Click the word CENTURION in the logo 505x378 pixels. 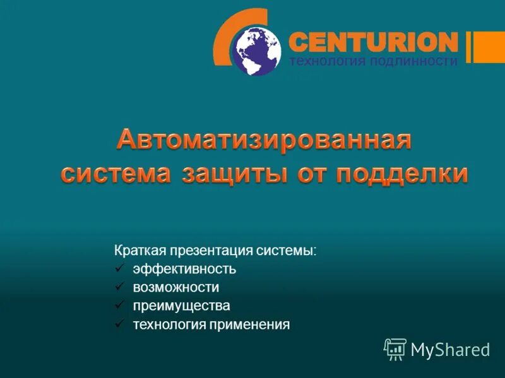point(372,42)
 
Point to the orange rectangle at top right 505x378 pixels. point(489,47)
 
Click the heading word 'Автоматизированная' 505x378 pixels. point(264,139)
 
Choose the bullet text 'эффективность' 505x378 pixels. point(184,269)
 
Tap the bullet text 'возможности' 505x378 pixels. point(176,287)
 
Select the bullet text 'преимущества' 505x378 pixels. point(181,306)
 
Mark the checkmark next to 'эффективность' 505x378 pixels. point(119,269)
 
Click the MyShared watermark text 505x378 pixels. point(450,350)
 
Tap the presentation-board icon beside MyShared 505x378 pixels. point(395,349)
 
